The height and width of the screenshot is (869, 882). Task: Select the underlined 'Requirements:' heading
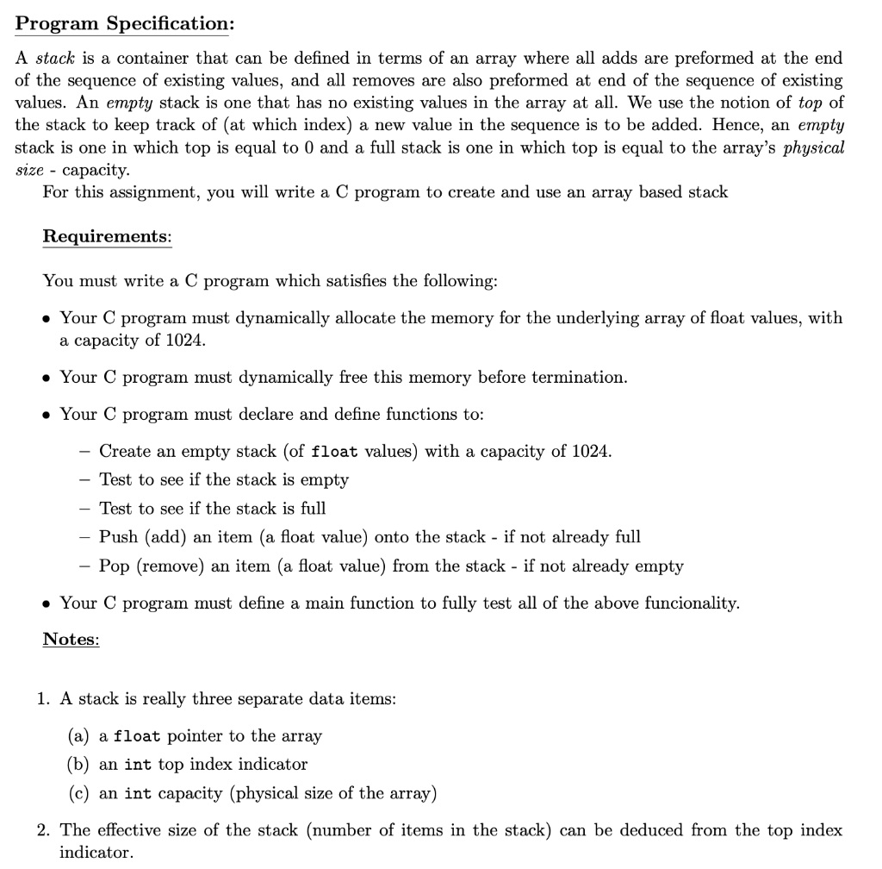(x=107, y=236)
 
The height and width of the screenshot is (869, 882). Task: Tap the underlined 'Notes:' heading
(x=71, y=639)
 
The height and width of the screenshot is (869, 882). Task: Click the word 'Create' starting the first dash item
(x=126, y=451)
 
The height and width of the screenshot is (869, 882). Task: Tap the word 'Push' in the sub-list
(x=118, y=537)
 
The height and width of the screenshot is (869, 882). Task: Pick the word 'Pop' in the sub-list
(x=115, y=566)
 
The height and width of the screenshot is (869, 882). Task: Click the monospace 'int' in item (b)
(x=139, y=765)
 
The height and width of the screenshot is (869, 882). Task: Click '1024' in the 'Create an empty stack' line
(x=592, y=451)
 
